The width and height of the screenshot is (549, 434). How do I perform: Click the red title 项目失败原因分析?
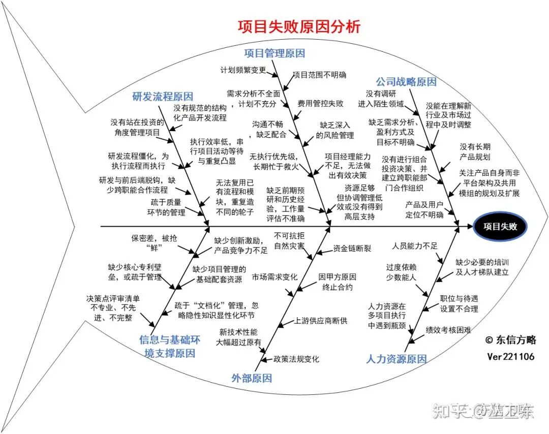point(299,27)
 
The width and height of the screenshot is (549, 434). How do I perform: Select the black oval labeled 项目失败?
point(500,227)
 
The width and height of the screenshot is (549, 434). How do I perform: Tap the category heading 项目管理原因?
point(274,53)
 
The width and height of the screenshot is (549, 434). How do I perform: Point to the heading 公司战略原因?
point(406,82)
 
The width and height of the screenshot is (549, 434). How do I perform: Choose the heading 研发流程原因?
point(163,97)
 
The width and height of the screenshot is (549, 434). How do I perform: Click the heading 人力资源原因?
point(396,359)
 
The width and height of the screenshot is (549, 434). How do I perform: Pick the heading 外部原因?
point(252,378)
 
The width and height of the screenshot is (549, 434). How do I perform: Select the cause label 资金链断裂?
point(352,249)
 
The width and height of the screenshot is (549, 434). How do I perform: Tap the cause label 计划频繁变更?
point(242,70)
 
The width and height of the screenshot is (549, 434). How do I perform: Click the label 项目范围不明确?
point(320,75)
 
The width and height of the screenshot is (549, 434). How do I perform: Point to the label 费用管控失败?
point(321,103)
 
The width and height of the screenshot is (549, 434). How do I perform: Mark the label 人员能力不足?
point(415,246)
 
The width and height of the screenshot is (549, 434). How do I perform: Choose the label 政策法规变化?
point(296,359)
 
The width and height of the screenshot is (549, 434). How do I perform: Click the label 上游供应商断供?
point(321,321)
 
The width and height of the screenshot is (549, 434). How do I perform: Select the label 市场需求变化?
point(275,277)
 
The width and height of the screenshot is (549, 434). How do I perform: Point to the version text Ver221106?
point(510,356)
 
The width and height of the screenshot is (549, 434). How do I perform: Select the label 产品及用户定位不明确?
point(424,209)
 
